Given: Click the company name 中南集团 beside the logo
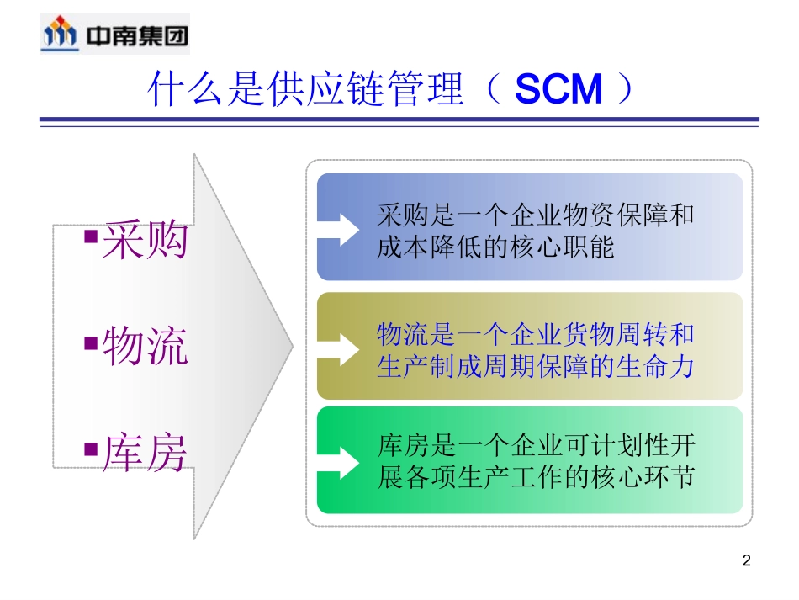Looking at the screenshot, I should (137, 35).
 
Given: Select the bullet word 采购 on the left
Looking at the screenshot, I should (145, 242).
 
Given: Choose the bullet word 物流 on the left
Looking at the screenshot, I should (145, 347).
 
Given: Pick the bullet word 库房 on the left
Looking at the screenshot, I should (145, 454).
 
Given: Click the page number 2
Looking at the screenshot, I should (745, 560).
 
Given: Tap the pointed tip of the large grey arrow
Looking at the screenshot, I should (292, 346).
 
